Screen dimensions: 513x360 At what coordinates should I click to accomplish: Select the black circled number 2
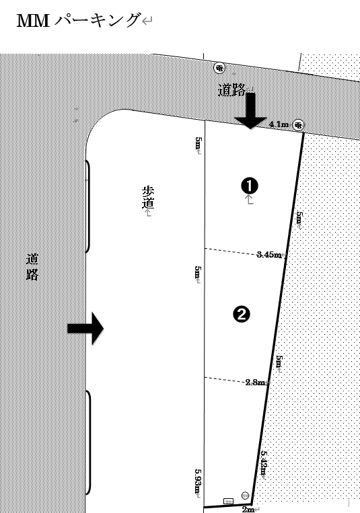tap(242, 312)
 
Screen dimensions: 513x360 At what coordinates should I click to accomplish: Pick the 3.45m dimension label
tap(269, 255)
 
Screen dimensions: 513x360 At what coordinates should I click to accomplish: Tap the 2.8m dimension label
tap(255, 382)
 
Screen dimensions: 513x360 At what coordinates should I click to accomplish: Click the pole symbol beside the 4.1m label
tap(298, 125)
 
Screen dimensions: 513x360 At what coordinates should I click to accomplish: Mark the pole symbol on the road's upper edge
tap(219, 67)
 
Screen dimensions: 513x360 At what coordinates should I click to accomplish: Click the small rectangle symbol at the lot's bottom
tap(228, 502)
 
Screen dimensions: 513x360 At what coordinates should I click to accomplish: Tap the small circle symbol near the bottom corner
tap(245, 496)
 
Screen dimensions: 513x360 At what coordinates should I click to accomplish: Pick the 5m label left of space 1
tap(198, 144)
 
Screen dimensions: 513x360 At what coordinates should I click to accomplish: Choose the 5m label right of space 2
tap(278, 362)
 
